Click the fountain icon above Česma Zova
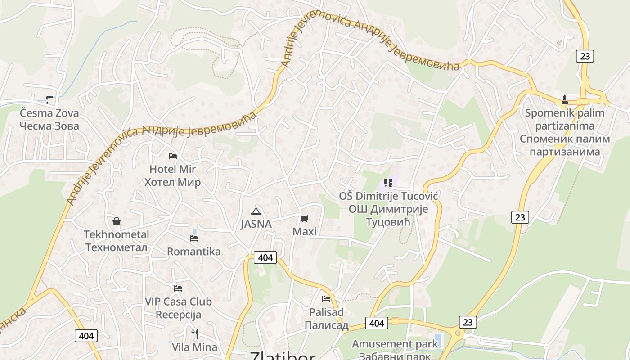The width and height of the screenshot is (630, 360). (49, 99)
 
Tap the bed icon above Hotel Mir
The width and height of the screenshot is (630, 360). (172, 156)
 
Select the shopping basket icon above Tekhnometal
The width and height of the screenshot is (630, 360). (117, 221)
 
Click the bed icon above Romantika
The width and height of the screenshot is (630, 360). (194, 238)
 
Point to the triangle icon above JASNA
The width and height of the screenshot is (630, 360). (256, 211)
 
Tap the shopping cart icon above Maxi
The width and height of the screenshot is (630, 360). (305, 219)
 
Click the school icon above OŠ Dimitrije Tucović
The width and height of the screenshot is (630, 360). (388, 183)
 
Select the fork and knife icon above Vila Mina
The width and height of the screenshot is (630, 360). (195, 333)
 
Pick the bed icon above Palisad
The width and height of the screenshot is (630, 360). (326, 298)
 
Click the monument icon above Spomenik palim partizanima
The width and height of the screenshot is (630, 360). (565, 99)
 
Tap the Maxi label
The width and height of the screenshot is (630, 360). (305, 232)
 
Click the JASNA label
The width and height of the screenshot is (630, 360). (256, 224)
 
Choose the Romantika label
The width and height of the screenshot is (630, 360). (194, 252)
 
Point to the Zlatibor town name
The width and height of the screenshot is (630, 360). (283, 355)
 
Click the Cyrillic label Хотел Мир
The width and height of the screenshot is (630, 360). (172, 183)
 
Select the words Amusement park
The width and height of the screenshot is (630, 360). (395, 344)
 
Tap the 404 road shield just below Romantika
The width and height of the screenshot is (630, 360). (265, 257)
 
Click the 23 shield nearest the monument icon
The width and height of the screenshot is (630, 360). (585, 56)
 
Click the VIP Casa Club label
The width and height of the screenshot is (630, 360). (178, 301)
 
